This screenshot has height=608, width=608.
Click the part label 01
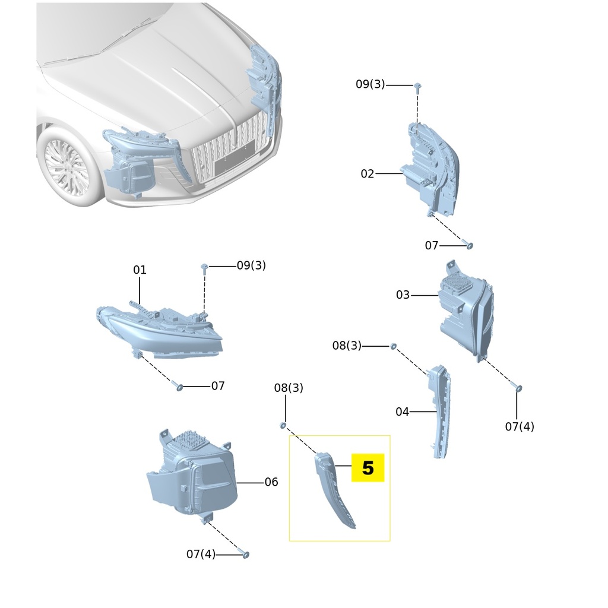pyautogui.click(x=140, y=270)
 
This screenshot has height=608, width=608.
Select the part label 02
pyautogui.click(x=368, y=174)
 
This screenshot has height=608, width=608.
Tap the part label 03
pyautogui.click(x=403, y=295)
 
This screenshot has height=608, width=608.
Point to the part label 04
pyautogui.click(x=403, y=411)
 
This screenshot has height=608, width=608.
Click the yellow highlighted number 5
pyautogui.click(x=368, y=468)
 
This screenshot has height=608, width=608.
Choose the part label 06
pyautogui.click(x=271, y=482)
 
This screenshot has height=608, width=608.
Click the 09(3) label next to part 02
pyautogui.click(x=370, y=84)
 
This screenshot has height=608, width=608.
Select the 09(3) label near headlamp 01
pyautogui.click(x=251, y=265)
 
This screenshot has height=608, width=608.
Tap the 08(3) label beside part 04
pyautogui.click(x=347, y=346)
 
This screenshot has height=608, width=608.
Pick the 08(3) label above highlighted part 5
pyautogui.click(x=289, y=388)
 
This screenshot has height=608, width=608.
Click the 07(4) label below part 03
pyautogui.click(x=520, y=426)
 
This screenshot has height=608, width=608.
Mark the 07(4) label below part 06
pyautogui.click(x=201, y=555)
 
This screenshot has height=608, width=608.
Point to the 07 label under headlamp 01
pyautogui.click(x=218, y=386)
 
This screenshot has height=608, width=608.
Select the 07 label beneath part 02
pyautogui.click(x=432, y=245)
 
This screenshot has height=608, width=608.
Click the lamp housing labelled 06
pyautogui.click(x=193, y=475)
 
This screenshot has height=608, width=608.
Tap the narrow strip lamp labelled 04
pyautogui.click(x=439, y=410)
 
